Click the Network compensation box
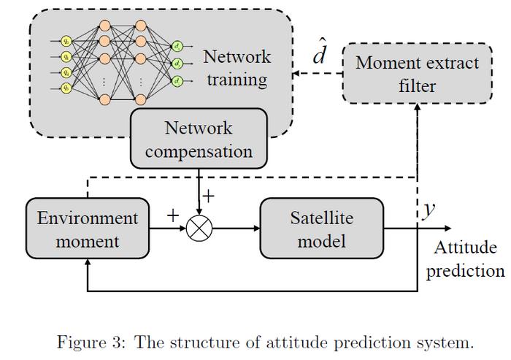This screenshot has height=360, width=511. point(199,139)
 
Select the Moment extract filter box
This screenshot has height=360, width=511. point(417,74)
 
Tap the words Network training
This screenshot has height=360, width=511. point(237,67)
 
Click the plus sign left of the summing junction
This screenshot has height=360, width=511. point(172,215)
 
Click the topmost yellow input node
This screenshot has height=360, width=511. point(66,41)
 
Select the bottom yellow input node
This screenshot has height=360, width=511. point(66,88)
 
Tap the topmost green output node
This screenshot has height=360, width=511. point(177,47)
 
